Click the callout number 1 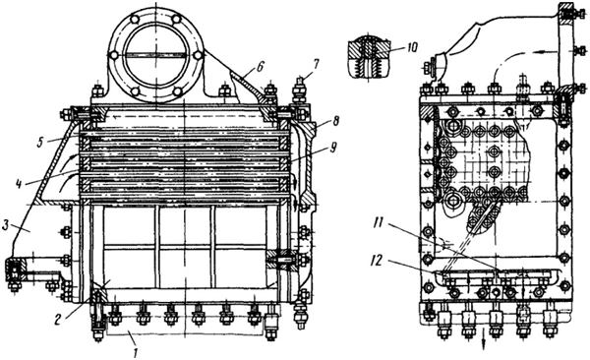tap(136, 353)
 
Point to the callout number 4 tap(19, 184)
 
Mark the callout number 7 tap(316, 64)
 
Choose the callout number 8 tap(335, 121)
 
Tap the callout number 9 tap(332, 149)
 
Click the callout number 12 tap(378, 260)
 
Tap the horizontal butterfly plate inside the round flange tap(155, 55)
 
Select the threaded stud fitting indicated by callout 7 tap(299, 91)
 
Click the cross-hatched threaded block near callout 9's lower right tap(280, 260)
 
